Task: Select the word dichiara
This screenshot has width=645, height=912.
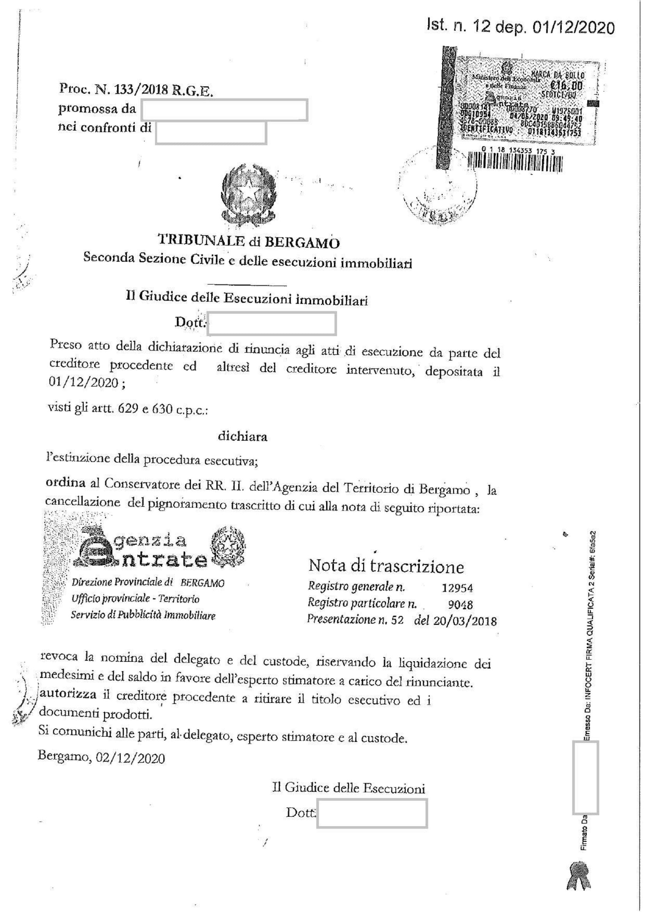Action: click(242, 437)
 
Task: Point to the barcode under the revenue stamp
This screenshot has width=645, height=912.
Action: click(515, 163)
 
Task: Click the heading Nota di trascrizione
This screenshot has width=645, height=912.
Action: click(386, 566)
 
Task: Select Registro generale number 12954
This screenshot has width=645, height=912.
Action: click(457, 588)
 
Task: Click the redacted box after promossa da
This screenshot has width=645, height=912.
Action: click(224, 110)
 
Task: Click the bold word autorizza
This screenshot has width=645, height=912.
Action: click(68, 694)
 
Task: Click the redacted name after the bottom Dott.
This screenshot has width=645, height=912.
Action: click(371, 813)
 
